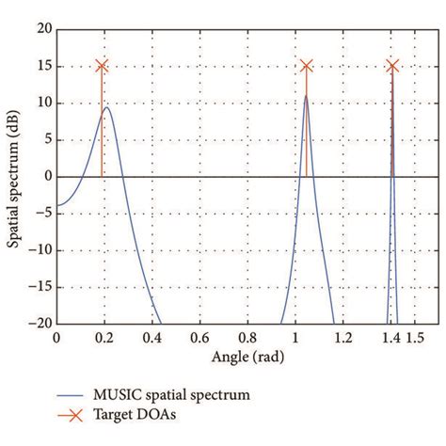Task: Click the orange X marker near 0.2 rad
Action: click(102, 66)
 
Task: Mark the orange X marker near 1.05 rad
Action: click(306, 66)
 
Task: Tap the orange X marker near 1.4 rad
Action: click(391, 66)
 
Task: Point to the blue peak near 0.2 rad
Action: click(106, 107)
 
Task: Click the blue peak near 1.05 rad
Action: click(305, 96)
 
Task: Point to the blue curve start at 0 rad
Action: click(57, 205)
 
